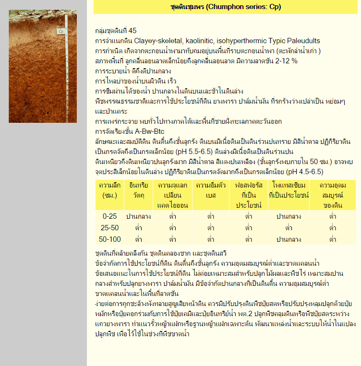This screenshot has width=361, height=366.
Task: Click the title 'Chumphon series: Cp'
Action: pyautogui.click(x=226, y=7)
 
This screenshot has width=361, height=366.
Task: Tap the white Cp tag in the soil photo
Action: pyautogui.click(x=61, y=32)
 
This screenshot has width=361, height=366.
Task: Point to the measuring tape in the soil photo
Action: pyautogui.click(x=67, y=72)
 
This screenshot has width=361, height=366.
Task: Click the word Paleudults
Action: pyautogui.click(x=302, y=41)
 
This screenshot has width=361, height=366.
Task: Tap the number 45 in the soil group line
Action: pyautogui.click(x=132, y=31)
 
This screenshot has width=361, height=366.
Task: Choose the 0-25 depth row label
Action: pyautogui.click(x=109, y=216)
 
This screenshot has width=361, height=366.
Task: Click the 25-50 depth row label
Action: pyautogui.click(x=109, y=227)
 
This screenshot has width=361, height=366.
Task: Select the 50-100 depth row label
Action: pyautogui.click(x=109, y=239)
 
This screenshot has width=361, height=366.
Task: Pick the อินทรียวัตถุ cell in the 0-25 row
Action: pyautogui.click(x=139, y=216)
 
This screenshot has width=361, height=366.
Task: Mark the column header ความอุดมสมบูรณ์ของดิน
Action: pyautogui.click(x=333, y=195)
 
